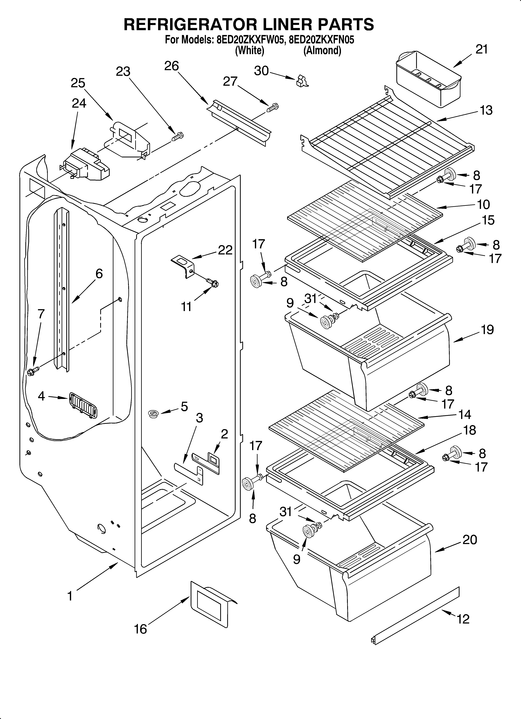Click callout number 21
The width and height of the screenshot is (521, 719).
click(x=481, y=49)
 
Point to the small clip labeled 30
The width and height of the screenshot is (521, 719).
click(x=302, y=81)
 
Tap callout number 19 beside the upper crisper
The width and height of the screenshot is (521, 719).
click(x=487, y=330)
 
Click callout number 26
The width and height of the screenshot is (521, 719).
click(x=171, y=66)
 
